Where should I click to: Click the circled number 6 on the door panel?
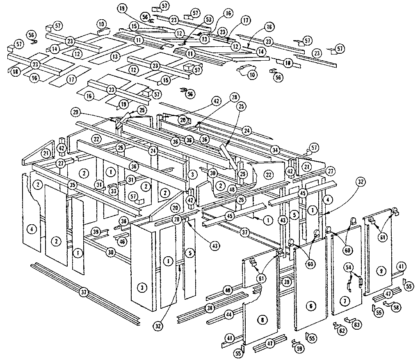point(310,305)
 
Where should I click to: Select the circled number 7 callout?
point(345,301)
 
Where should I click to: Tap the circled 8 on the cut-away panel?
point(261,319)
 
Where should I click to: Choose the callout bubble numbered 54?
point(349,267)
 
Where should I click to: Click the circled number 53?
point(209,19)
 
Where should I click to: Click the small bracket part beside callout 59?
point(294,342)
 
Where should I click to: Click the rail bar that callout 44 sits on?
point(213,318)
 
